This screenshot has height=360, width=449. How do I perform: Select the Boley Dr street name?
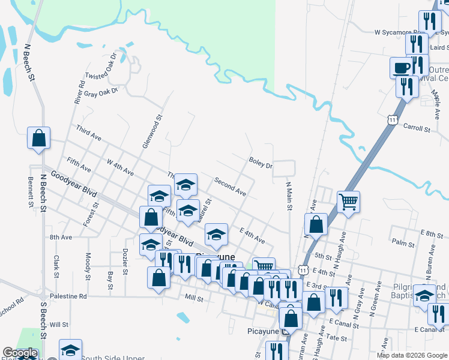click(261, 161)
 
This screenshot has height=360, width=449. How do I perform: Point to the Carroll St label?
click(417, 128)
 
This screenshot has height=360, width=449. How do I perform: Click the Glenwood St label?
click(152, 132)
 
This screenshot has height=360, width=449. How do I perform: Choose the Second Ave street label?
click(230, 187)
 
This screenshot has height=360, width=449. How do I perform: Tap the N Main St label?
click(289, 196)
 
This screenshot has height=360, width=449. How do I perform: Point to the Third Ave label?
click(88, 133)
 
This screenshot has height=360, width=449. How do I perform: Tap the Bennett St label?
click(31, 193)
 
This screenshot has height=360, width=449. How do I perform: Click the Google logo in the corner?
click(20, 353)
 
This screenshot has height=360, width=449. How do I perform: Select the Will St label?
click(59, 325)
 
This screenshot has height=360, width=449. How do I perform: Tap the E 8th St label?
click(431, 232)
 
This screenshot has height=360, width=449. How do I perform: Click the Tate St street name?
click(339, 338)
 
